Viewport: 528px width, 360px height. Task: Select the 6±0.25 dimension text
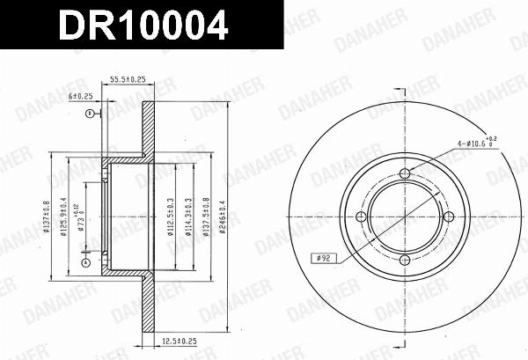tap(80, 96)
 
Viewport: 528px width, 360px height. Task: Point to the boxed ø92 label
tap(322, 259)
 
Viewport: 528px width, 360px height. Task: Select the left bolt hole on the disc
tap(361, 217)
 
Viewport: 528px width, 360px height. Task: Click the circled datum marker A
tap(85, 262)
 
